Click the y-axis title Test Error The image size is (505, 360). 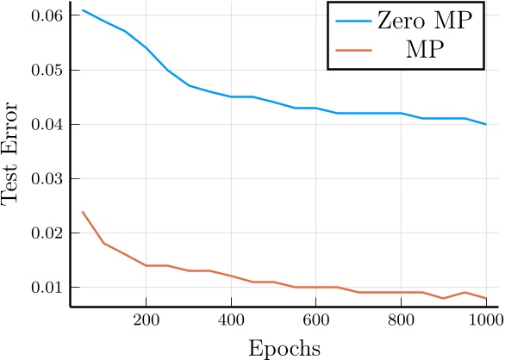coord(11,154)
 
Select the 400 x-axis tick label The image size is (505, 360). coord(231,319)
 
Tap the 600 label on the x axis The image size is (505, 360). coord(316,319)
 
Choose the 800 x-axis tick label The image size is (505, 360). coord(402,319)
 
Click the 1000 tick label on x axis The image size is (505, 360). coord(485,319)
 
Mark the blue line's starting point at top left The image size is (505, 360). coord(83,10)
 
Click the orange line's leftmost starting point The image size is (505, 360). coord(83,212)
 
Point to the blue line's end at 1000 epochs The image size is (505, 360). coord(486,124)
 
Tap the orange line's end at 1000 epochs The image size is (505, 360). coord(486,298)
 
